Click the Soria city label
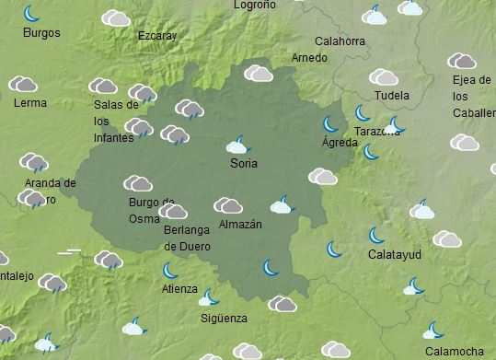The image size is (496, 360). (244, 164)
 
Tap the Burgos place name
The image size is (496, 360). (41, 33)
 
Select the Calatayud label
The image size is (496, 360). (394, 254)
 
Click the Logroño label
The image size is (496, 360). (255, 5)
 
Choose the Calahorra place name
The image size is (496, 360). (340, 41)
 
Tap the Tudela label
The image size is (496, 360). (392, 96)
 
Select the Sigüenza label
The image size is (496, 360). (224, 319)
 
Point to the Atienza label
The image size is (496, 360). (179, 288)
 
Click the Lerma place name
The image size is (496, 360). (30, 102)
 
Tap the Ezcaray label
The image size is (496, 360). (156, 36)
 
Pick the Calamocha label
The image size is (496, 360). (455, 352)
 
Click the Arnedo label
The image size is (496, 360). (309, 58)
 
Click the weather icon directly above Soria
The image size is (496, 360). (238, 145)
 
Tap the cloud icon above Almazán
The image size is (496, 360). (228, 205)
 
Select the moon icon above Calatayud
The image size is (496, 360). (376, 235)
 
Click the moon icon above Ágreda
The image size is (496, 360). (330, 123)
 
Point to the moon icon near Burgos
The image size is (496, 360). (32, 13)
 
